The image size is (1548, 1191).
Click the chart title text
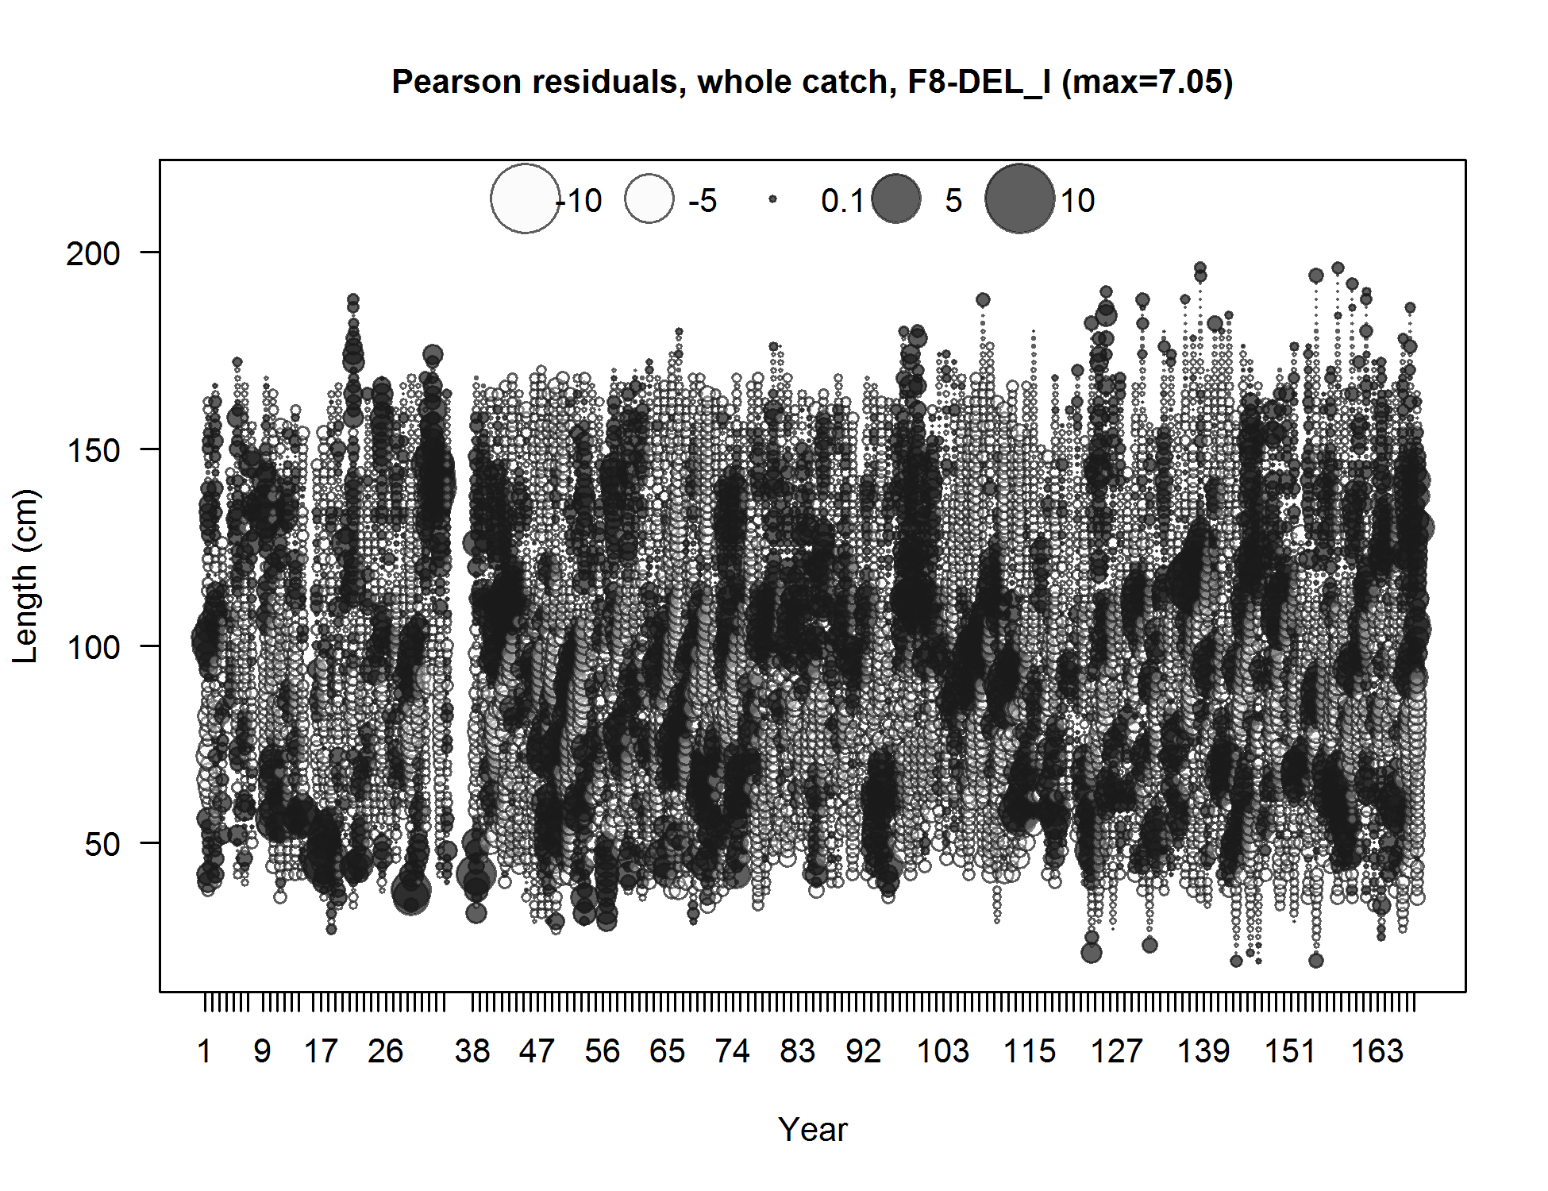pos(812,82)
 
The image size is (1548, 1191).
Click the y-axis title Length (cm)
pos(25,576)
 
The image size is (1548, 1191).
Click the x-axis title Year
pos(812,1129)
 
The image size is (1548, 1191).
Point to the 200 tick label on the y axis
pos(92,254)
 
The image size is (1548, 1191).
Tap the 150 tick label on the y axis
pos(92,451)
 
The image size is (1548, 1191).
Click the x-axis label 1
pos(204,1051)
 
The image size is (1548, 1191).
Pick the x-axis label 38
pos(472,1051)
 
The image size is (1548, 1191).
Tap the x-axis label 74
pos(732,1051)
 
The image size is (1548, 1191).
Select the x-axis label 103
pos(942,1051)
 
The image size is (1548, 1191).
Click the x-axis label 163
pos(1377,1051)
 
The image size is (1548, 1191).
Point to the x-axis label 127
pos(1116,1051)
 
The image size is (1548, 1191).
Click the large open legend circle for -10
pos(525,198)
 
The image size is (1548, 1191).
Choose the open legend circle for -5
pos(649,198)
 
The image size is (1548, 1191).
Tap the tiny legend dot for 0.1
pos(772,199)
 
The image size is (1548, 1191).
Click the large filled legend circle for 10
pos(1019,198)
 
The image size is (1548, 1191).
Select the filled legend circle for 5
pos(896,198)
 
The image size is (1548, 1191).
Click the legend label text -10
pos(580,201)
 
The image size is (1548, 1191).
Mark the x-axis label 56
pos(602,1051)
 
